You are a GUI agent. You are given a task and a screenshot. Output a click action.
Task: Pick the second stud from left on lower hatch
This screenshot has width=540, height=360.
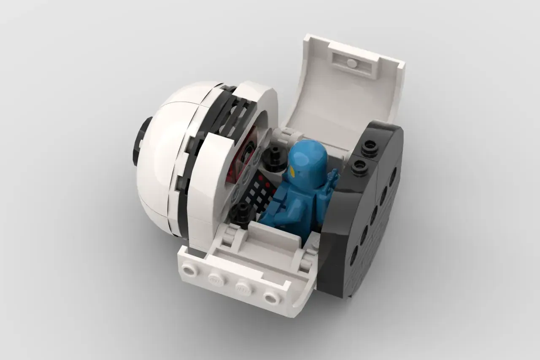(216, 279)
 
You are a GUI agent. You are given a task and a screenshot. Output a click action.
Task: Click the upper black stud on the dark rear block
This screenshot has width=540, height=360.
(370, 146)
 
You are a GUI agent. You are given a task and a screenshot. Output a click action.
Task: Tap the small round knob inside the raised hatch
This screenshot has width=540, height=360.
(351, 64)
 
